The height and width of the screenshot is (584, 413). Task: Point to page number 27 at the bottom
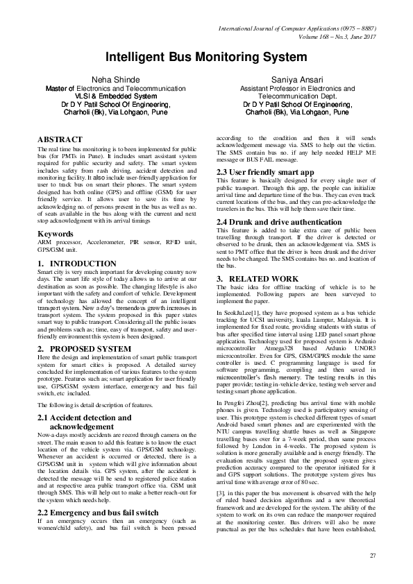pos(373,556)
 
